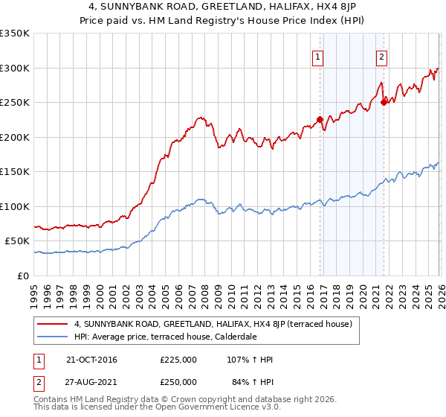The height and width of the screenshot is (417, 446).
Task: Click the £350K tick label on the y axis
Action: coord(15,34)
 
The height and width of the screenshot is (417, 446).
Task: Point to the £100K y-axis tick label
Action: coord(15,206)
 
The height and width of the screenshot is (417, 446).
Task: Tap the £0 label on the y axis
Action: coord(24,276)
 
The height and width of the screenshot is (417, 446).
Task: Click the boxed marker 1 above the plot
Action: coord(318,57)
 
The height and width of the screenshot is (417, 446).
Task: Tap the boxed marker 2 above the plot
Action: coord(381,57)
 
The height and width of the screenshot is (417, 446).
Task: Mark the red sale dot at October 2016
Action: coord(320,119)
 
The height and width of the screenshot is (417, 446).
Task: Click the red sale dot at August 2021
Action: coord(384,103)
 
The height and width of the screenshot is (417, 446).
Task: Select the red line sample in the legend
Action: coord(53,324)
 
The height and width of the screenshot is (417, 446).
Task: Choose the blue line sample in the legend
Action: coord(53,336)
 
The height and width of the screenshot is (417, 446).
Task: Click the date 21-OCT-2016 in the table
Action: coord(92,360)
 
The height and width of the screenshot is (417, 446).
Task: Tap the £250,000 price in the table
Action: coord(178,382)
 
